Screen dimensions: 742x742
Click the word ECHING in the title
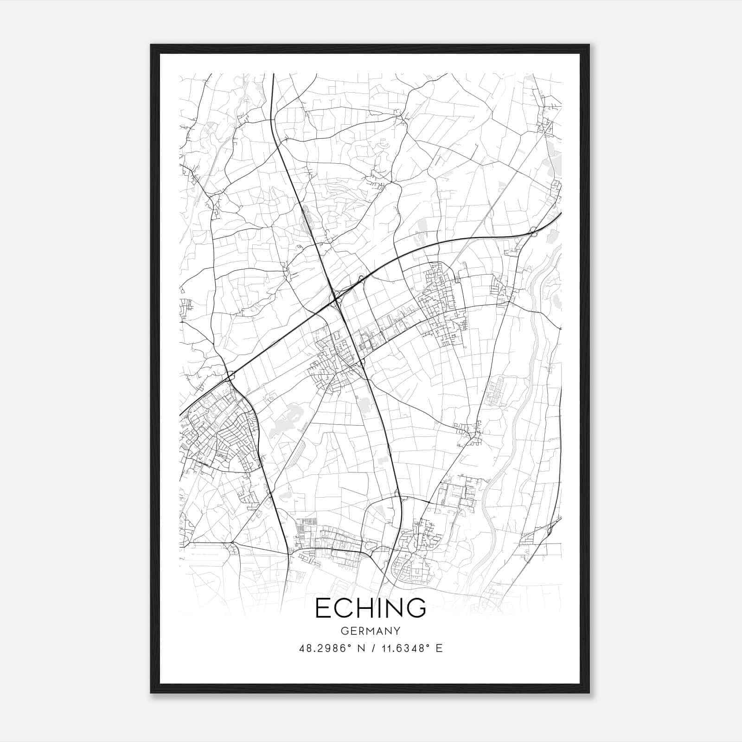[x=371, y=608]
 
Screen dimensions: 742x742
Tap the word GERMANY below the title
[x=371, y=631]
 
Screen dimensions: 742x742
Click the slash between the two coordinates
[x=370, y=648]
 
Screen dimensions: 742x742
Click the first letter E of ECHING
[x=323, y=608]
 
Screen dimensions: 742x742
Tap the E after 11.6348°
[x=439, y=648]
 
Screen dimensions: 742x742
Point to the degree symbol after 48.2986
[x=349, y=646]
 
